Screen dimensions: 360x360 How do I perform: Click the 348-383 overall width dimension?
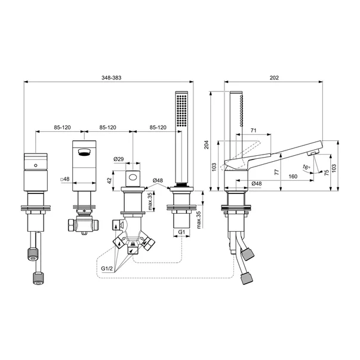point(112,78)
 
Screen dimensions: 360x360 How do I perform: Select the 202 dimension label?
point(274,78)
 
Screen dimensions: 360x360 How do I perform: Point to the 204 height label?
point(207,144)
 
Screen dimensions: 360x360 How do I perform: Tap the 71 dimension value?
point(253,130)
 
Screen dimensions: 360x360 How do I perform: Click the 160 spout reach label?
point(293,176)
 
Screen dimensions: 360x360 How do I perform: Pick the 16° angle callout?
point(306,167)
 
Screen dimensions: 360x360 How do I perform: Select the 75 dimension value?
point(326,173)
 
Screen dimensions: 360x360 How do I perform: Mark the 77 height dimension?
point(277,172)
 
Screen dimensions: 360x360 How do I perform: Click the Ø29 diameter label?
point(119,159)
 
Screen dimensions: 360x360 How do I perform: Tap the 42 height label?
point(109,180)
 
